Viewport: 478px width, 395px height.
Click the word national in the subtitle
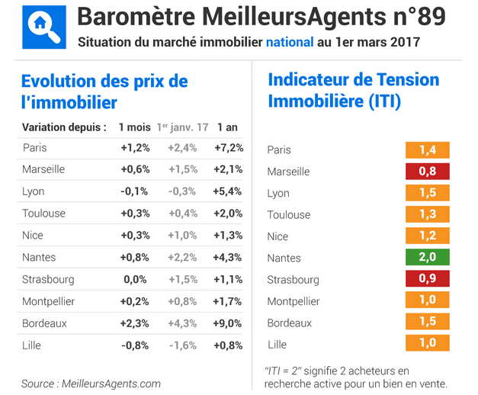pos(289,42)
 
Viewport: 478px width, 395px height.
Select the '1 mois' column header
pos(134,127)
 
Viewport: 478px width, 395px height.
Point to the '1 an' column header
pos(229,127)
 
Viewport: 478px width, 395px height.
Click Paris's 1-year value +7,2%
pos(229,148)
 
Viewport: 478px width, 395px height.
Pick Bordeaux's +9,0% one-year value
pos(229,323)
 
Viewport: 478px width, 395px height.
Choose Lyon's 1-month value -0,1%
pos(135,191)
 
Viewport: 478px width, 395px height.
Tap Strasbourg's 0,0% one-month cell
pos(135,279)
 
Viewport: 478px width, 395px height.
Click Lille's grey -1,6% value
pos(181,345)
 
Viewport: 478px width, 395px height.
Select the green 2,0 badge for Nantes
pos(427,257)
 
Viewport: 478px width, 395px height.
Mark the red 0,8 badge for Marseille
pos(427,171)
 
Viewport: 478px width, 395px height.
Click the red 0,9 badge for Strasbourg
pos(427,279)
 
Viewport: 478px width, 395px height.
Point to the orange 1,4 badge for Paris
pos(427,149)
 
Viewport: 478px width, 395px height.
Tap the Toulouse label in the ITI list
pos(289,214)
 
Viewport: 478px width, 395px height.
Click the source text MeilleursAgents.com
pos(111,384)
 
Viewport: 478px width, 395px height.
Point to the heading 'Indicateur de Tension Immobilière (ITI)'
pos(354,89)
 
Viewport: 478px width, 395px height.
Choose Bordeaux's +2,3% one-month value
pos(135,323)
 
